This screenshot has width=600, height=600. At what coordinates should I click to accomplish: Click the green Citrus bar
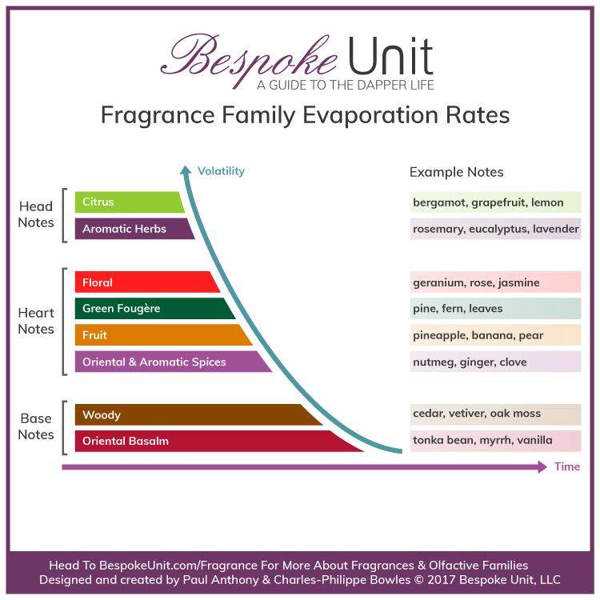coord(128,202)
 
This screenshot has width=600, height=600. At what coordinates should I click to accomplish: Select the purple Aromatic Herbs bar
coord(133,229)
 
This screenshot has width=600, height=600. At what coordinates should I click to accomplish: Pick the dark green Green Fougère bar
coord(152,309)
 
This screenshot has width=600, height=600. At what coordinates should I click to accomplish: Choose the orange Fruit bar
coord(160,335)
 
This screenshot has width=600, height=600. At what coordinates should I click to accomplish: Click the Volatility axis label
coord(221,171)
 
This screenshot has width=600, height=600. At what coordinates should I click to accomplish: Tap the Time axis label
coord(567,466)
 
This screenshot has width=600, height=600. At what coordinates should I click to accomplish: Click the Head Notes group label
coord(37,215)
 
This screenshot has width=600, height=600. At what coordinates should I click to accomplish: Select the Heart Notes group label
coord(36,321)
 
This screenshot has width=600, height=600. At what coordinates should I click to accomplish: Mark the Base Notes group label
coord(37,426)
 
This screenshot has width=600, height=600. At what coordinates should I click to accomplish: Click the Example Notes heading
coord(456,172)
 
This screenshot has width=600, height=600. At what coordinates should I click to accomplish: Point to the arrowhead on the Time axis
coord(542,466)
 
